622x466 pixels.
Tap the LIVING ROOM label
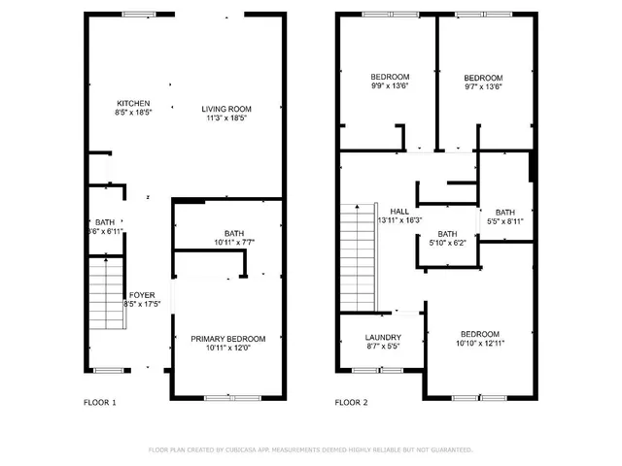click(226, 109)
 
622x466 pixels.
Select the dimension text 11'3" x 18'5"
click(226, 118)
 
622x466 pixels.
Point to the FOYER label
click(142, 294)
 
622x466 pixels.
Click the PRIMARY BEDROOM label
click(227, 339)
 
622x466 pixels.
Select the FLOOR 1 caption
click(101, 402)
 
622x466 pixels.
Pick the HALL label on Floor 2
click(399, 211)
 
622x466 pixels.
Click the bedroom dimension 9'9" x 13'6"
click(390, 86)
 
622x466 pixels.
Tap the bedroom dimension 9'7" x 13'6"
click(483, 87)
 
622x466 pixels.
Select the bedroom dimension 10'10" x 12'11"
click(480, 343)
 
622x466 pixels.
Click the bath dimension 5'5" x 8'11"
click(505, 221)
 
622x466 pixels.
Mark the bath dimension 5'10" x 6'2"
click(447, 243)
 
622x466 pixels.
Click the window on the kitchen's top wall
click(138, 14)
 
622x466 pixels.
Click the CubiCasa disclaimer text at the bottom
click(310, 449)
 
